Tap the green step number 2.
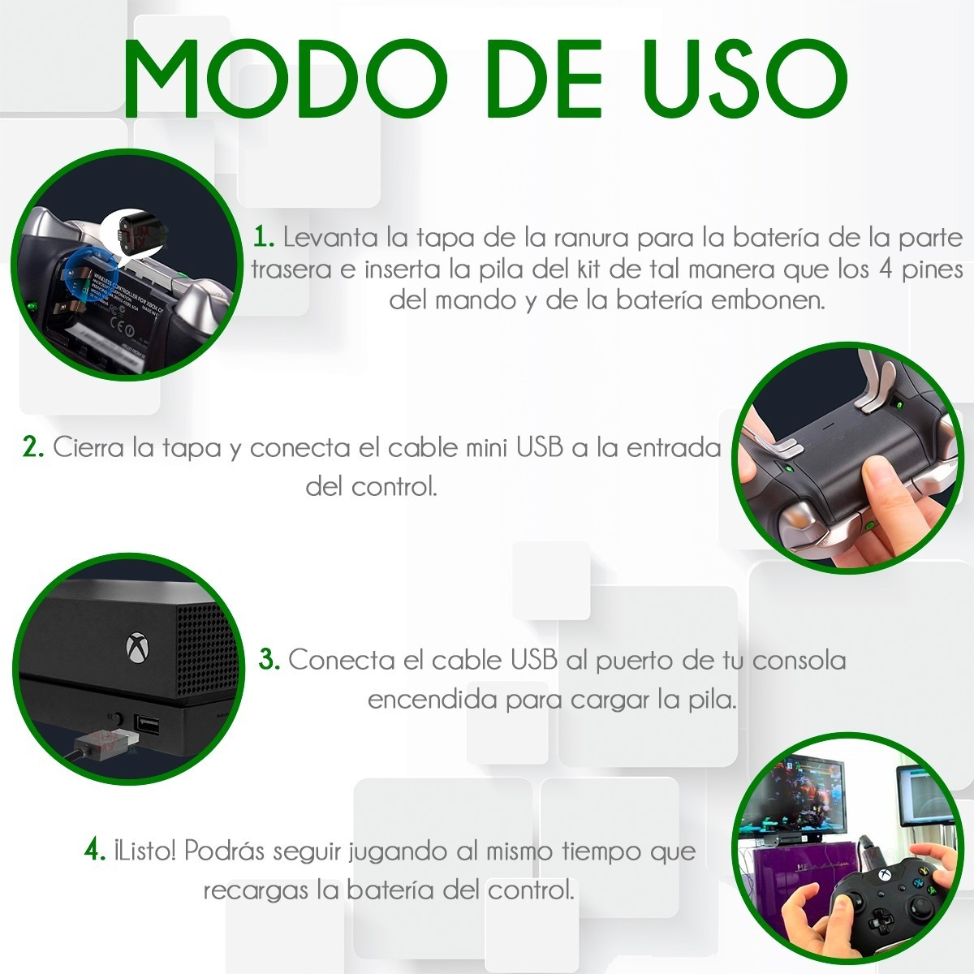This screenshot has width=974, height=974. [x=32, y=447]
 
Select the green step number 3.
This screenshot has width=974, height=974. [x=269, y=660]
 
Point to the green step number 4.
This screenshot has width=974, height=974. [x=95, y=851]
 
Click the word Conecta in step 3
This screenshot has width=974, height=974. [x=341, y=660]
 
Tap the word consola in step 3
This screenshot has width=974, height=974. [x=799, y=660]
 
